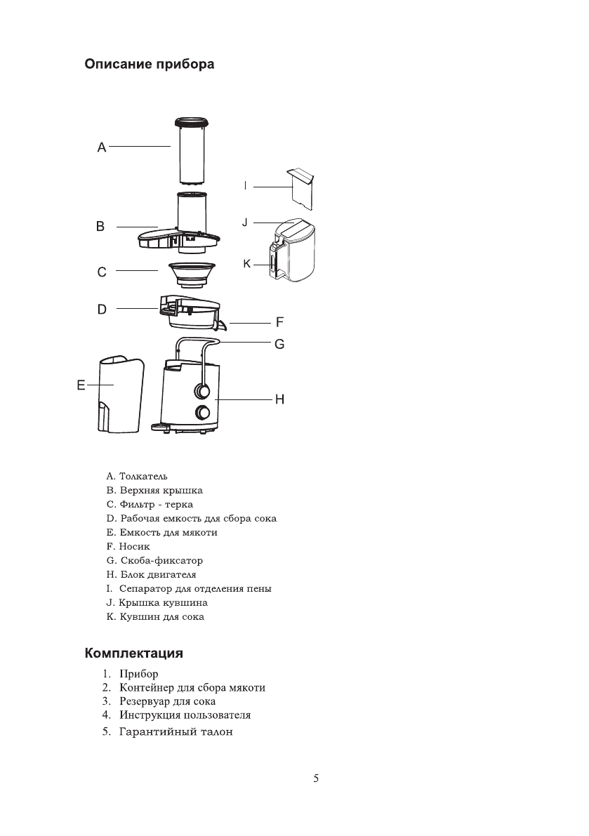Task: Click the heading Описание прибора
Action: [x=150, y=65]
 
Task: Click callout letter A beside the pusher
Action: [x=101, y=147]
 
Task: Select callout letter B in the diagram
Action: [x=100, y=227]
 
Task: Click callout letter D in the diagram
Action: [x=102, y=309]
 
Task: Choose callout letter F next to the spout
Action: [x=279, y=323]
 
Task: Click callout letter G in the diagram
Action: [x=279, y=345]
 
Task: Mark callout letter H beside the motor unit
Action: [x=279, y=399]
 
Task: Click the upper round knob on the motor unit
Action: [x=203, y=390]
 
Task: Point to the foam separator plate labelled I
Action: [x=301, y=187]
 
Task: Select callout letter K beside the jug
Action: [x=246, y=265]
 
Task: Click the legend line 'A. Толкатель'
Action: [x=137, y=477]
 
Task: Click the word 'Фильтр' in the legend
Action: [x=138, y=505]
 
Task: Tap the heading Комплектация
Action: [x=134, y=653]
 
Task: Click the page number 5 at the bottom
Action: [x=316, y=778]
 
